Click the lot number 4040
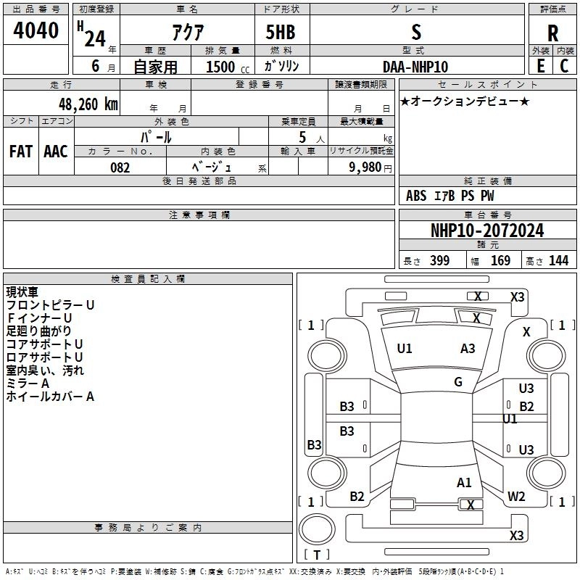36,30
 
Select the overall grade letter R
552,33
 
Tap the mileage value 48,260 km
88,104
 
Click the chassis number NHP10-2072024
487,231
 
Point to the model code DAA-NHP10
415,67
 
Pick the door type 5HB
281,32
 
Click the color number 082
120,167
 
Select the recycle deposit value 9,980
365,167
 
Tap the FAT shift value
21,152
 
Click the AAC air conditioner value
56,152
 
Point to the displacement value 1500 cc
228,67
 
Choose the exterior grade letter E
540,66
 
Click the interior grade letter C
564,66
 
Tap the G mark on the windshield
458,382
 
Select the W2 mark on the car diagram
516,497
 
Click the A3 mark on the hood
468,349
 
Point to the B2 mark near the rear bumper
357,497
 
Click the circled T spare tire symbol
317,529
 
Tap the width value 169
500,260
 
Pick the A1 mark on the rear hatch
464,483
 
